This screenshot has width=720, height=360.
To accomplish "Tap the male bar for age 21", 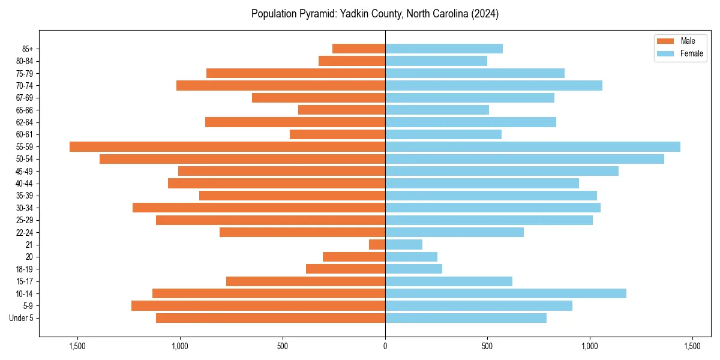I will pyautogui.click(x=377, y=244).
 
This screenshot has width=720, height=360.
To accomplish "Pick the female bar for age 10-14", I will pyautogui.click(x=505, y=293).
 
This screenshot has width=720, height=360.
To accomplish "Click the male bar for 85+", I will pyautogui.click(x=359, y=49).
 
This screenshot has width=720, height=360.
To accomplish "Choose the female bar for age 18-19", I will pyautogui.click(x=413, y=269).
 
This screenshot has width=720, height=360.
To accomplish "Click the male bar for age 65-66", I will pyautogui.click(x=341, y=110).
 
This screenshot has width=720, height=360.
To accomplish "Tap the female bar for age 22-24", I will pyautogui.click(x=454, y=232).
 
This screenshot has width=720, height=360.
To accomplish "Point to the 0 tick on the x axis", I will pyautogui.click(x=385, y=346).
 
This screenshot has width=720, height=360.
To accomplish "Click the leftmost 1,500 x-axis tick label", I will pyautogui.click(x=77, y=346).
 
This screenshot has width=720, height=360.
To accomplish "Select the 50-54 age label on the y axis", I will pyautogui.click(x=25, y=159).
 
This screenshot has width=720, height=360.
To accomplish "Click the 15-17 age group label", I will pyautogui.click(x=25, y=281).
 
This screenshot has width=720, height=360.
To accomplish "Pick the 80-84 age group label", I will pyautogui.click(x=25, y=61).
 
